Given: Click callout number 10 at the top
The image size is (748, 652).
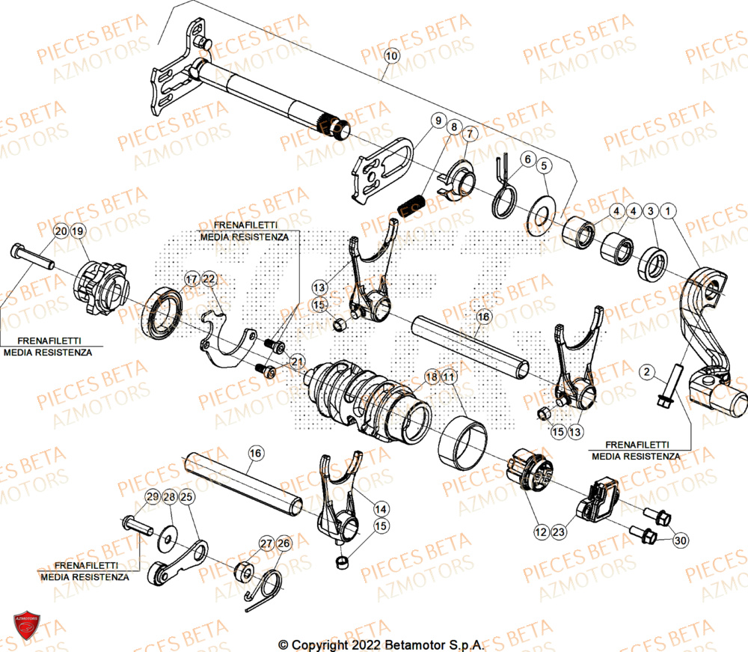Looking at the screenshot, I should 393,55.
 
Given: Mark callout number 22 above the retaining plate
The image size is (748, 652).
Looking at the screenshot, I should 209,279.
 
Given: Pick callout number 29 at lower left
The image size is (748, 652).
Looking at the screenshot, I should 152,497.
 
